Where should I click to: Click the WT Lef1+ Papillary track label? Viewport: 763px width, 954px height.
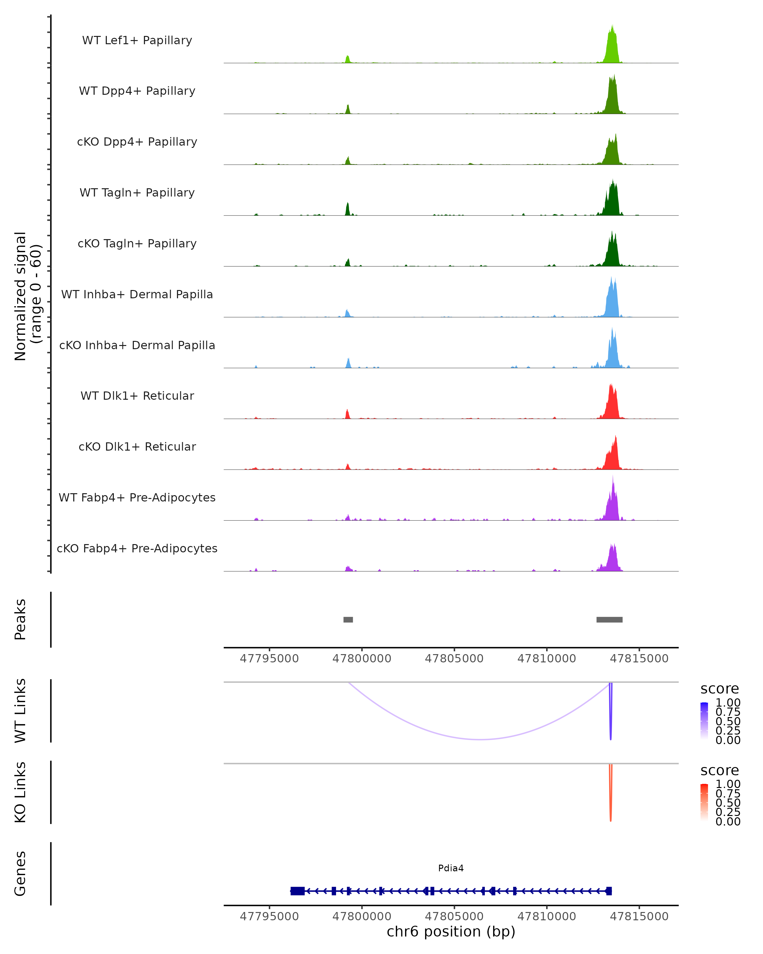coord(137,40)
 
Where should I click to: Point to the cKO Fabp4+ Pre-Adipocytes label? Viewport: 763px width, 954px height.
coord(137,548)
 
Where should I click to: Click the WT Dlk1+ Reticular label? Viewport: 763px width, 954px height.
coord(137,396)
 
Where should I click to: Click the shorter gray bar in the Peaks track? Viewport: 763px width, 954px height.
coord(348,619)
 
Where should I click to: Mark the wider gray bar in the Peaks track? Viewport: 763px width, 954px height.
coord(609,619)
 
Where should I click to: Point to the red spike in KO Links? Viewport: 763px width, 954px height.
coord(610,797)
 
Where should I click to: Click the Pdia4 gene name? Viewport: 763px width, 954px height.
coord(451,868)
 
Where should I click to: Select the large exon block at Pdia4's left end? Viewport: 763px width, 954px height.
coord(298,891)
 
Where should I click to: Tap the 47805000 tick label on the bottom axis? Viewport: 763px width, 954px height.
coord(454,916)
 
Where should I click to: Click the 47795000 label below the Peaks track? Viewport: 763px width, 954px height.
coord(269,659)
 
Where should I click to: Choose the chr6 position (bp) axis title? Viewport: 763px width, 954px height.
coord(451,932)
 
